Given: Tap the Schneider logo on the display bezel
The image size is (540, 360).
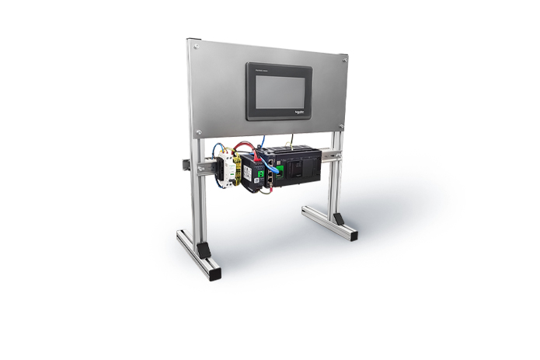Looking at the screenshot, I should point(305,111).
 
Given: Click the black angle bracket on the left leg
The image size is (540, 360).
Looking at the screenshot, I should point(203,250).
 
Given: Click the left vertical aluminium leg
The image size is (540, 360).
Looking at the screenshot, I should point(196,194).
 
